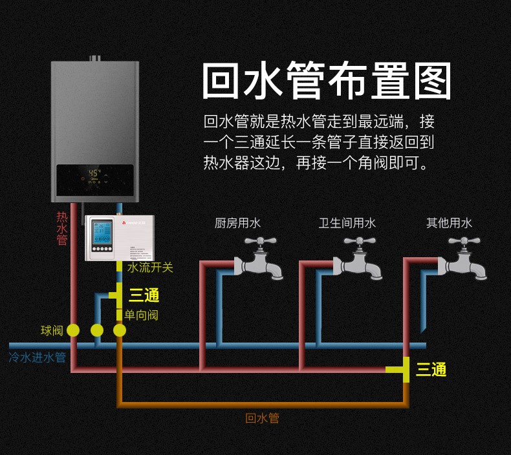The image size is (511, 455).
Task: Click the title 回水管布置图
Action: point(326,81)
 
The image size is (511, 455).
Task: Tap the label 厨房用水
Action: point(237,223)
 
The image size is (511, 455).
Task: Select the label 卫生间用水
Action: point(347,223)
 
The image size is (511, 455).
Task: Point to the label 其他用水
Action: point(449,223)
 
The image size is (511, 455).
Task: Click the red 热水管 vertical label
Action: point(62,228)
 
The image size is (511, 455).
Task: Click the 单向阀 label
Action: point(141,315)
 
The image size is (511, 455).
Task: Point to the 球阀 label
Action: point(52,331)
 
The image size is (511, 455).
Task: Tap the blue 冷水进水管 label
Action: point(38,357)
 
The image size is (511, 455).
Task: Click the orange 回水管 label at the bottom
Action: point(262,418)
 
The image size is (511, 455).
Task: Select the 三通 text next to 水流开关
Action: point(144,295)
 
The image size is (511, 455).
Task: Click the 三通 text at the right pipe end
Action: point(431,370)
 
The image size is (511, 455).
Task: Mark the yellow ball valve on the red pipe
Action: point(73,331)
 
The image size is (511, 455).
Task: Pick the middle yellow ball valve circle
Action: point(97,331)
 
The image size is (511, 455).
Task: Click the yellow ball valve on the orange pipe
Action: point(120,331)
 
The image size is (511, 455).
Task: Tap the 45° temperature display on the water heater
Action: point(94,173)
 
